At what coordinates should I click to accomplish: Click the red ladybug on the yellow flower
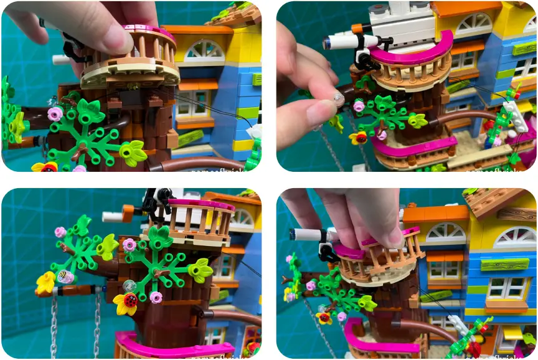130,300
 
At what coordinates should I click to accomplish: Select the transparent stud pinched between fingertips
337,98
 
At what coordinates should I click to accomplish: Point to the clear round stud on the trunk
130,285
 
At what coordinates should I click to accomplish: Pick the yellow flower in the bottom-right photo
324,318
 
